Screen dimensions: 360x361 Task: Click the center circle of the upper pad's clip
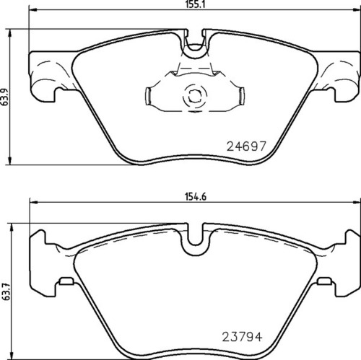193,95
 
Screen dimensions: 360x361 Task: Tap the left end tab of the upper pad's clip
149,95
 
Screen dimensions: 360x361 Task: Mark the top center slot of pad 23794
193,243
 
